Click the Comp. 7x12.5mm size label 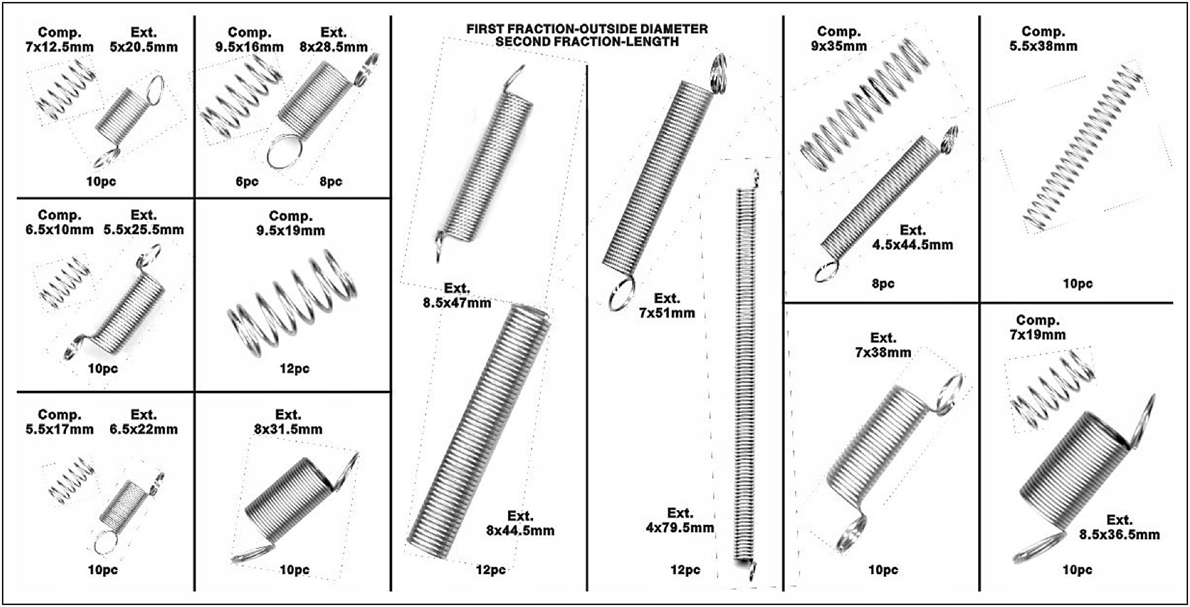click(x=59, y=40)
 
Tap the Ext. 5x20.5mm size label click(x=143, y=40)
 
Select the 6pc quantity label click(x=247, y=182)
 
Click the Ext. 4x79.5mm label click(x=680, y=520)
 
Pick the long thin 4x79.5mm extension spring click(x=746, y=376)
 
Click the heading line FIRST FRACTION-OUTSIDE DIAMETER click(x=587, y=29)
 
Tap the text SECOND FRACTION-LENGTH click(x=587, y=42)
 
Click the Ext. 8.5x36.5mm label click(x=1119, y=527)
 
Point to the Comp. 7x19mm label click(x=1038, y=327)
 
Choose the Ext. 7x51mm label click(x=667, y=306)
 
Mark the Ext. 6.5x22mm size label click(x=143, y=422)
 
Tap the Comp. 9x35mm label click(x=839, y=39)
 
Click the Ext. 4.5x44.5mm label click(x=912, y=237)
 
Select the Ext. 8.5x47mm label click(x=457, y=296)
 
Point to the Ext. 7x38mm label click(x=883, y=345)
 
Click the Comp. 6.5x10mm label click(x=59, y=223)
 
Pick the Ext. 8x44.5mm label click(x=520, y=523)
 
